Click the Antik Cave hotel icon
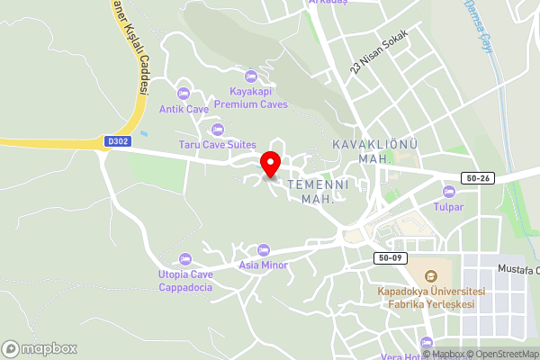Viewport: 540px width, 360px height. [184, 94]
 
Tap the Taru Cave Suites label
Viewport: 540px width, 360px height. [217, 145]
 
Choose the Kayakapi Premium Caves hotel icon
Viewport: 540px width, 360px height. [250, 76]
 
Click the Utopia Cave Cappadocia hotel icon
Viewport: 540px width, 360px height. [185, 259]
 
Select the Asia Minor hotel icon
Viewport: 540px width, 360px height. [263, 249]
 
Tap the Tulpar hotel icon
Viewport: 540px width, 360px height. [448, 191]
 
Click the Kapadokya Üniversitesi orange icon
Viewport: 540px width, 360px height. [431, 275]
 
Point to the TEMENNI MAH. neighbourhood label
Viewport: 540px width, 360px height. [311, 190]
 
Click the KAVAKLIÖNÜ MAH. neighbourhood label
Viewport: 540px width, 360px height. [359, 151]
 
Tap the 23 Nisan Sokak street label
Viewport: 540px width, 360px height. [380, 51]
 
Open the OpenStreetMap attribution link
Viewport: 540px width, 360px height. [503, 354]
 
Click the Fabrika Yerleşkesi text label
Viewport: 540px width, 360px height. [430, 304]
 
